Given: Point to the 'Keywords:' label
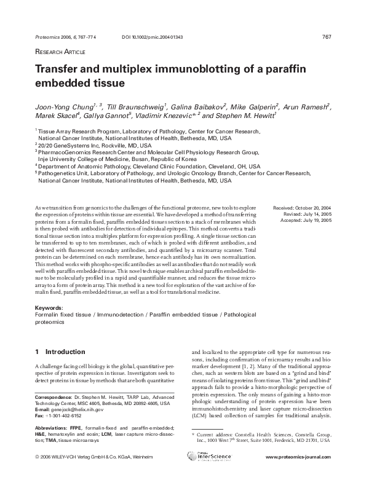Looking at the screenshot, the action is coord(50,307).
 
